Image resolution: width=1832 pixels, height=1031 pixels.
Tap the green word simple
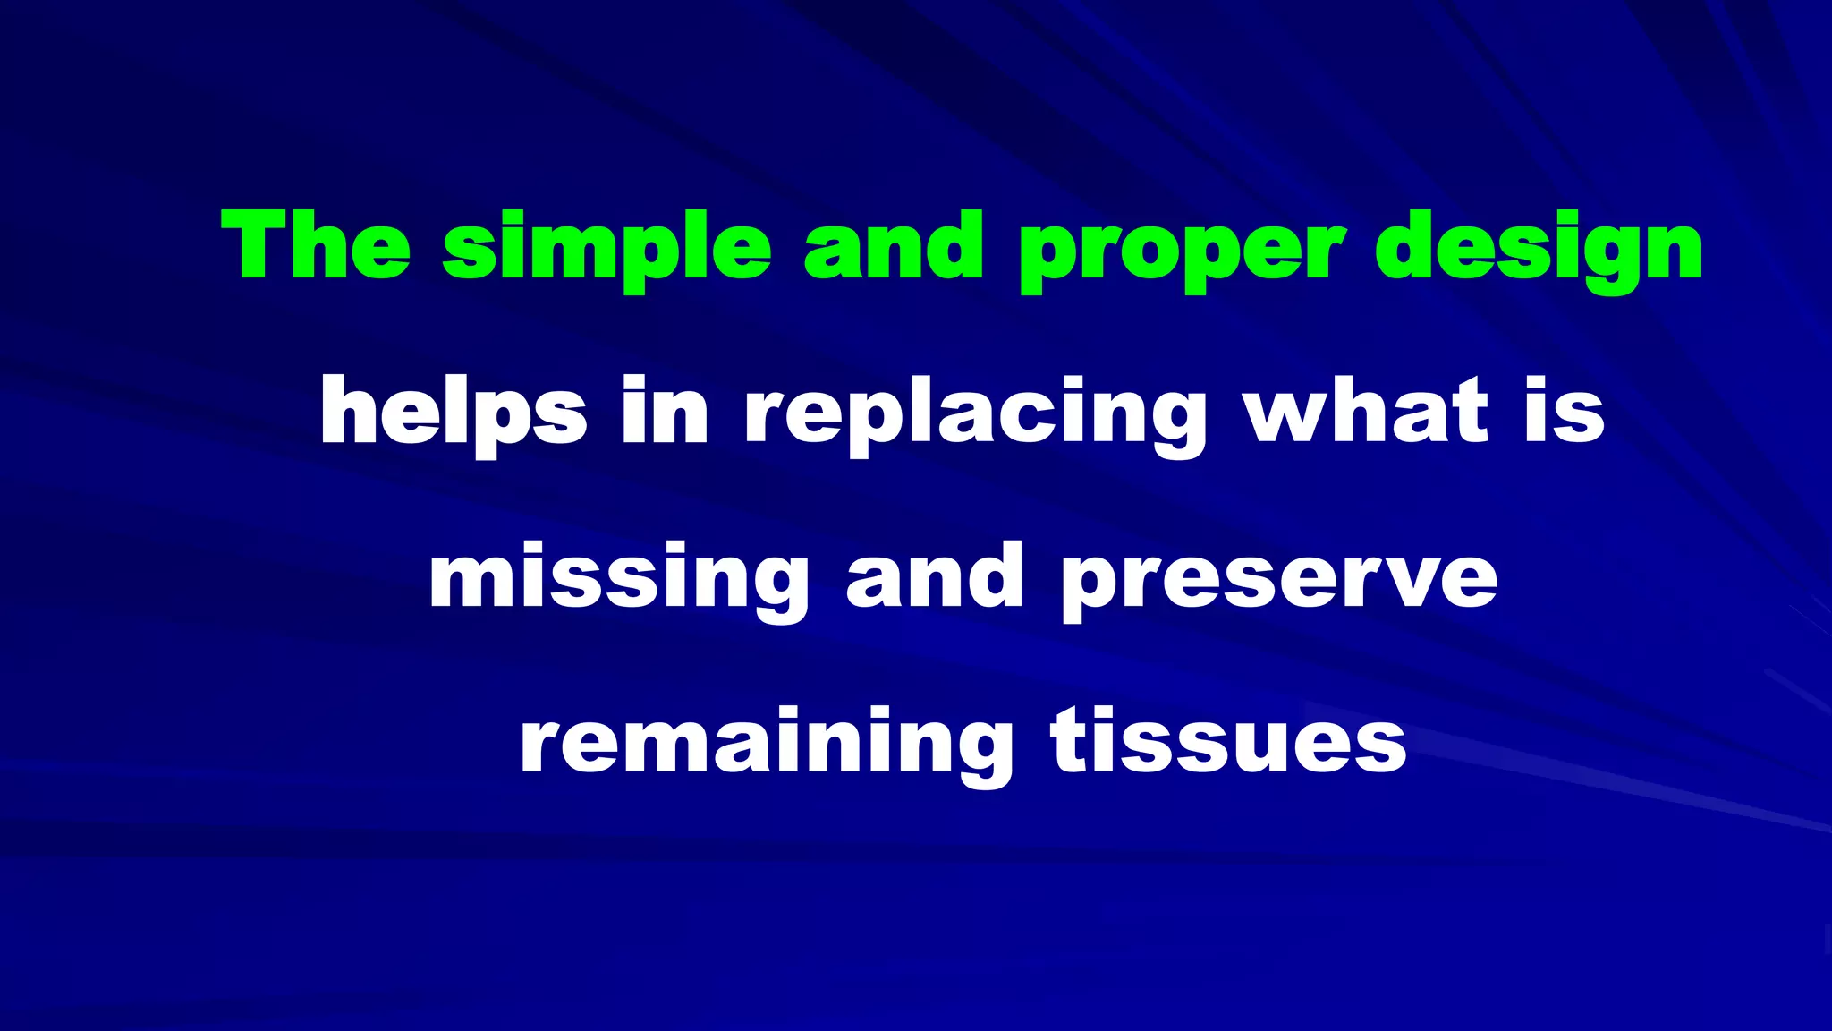point(606,249)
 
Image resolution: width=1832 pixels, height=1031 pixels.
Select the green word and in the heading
point(894,246)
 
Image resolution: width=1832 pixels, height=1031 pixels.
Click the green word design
point(1538,249)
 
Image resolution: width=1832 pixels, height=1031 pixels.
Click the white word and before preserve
point(935,577)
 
